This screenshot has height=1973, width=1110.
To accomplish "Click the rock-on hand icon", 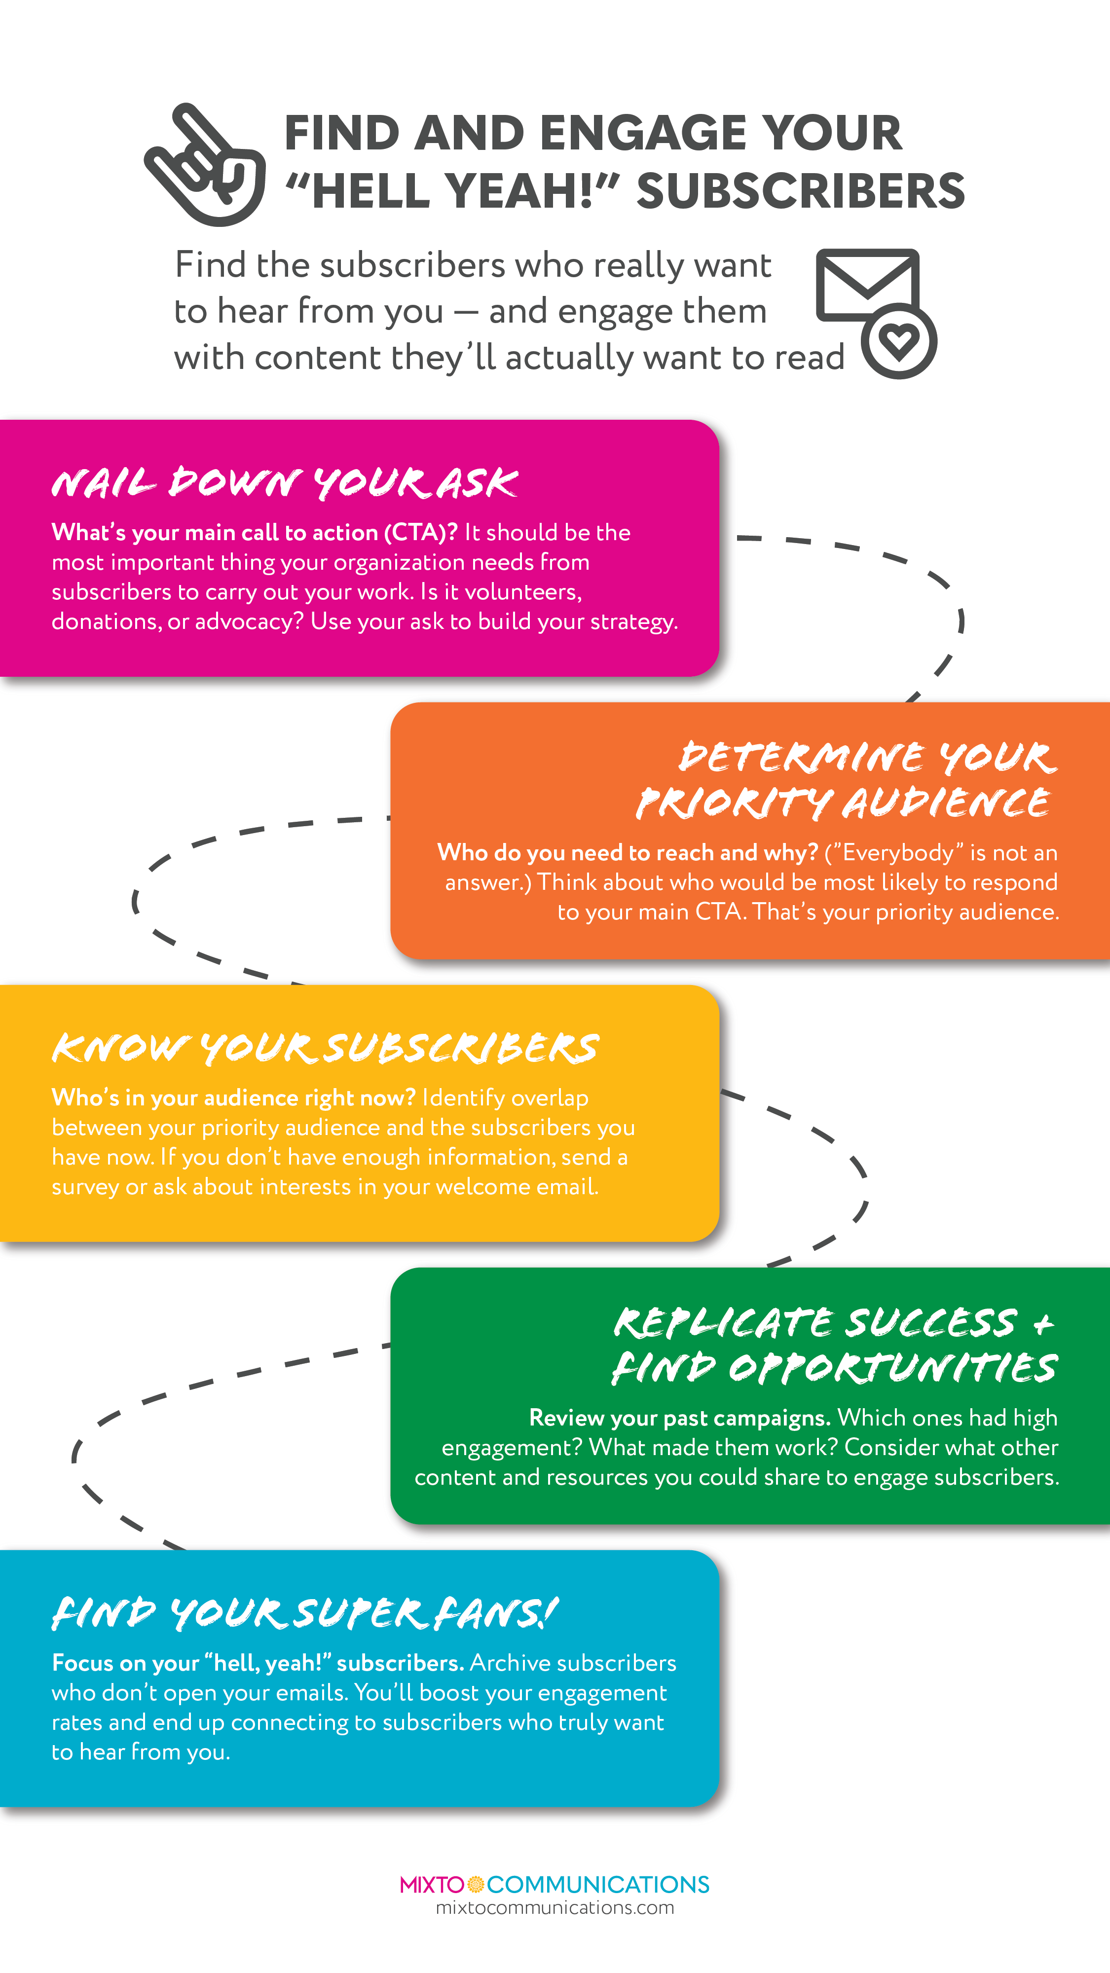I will coord(205,165).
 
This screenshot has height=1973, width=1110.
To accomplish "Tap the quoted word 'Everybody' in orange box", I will coord(897,852).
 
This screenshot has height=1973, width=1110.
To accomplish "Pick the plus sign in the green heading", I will coord(1042,1323).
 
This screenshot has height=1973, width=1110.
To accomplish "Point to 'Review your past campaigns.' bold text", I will coord(679,1418).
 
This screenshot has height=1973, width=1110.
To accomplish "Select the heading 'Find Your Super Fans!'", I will coord(305,1613).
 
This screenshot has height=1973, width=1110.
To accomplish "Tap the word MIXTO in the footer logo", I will coord(431,1884).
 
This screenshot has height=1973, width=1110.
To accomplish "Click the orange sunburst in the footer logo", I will coord(475,1884).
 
